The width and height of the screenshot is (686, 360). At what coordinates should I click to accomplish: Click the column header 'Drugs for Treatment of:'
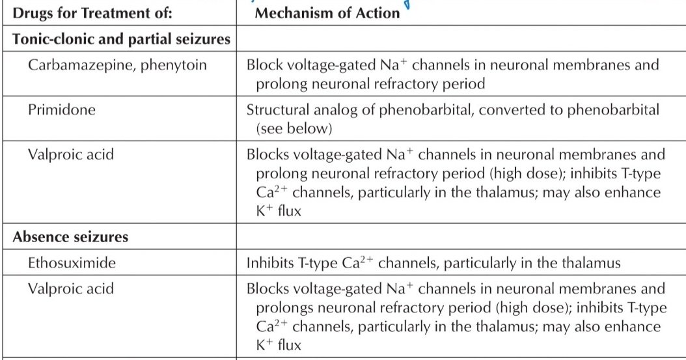pos(92,13)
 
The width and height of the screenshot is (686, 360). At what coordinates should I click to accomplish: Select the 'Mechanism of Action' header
pos(327,13)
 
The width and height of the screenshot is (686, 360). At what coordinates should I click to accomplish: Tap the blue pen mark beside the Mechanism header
pos(407,5)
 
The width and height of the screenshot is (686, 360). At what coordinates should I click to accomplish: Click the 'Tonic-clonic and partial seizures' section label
pos(121,39)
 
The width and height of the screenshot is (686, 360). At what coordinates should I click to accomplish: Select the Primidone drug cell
pos(62,109)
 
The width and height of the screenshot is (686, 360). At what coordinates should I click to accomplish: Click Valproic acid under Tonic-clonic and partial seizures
pos(71,154)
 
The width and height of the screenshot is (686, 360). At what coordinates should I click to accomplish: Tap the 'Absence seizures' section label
pos(70,237)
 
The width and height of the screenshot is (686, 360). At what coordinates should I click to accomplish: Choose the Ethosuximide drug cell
pos(72,263)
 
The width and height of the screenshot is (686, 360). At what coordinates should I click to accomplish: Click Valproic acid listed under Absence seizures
pos(71,288)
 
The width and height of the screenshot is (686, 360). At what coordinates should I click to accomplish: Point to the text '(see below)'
pos(294,129)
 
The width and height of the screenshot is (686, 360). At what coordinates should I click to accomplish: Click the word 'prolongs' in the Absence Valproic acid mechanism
pos(285,309)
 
